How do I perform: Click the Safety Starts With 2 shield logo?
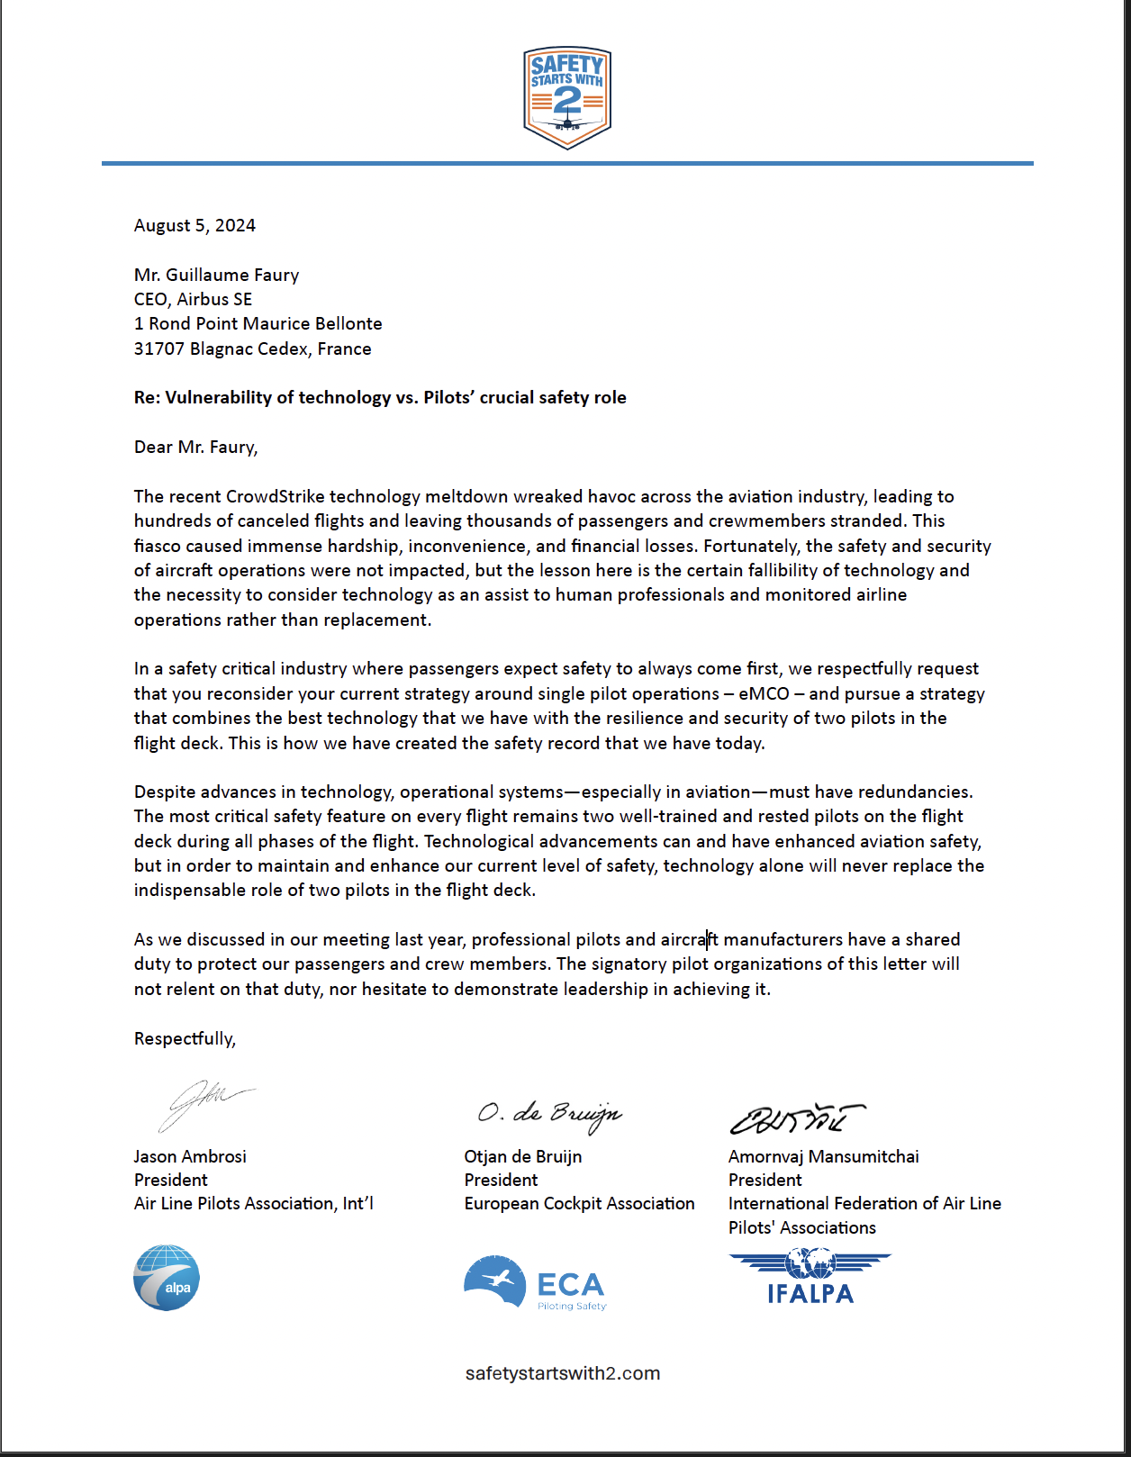567,97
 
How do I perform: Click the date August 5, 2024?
195,225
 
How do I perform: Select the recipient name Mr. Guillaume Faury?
216,275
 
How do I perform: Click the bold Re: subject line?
380,397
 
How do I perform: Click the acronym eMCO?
764,693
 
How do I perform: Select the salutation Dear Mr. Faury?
195,447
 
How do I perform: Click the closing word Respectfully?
184,1038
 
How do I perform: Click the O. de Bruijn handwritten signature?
549,1114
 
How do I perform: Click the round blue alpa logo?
167,1277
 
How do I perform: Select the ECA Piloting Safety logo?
535,1283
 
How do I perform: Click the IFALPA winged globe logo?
810,1277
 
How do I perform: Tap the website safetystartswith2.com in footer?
563,1373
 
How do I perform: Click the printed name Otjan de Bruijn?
523,1156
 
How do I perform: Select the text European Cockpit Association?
579,1203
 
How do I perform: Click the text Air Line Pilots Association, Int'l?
253,1203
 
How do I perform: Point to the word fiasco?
157,546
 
